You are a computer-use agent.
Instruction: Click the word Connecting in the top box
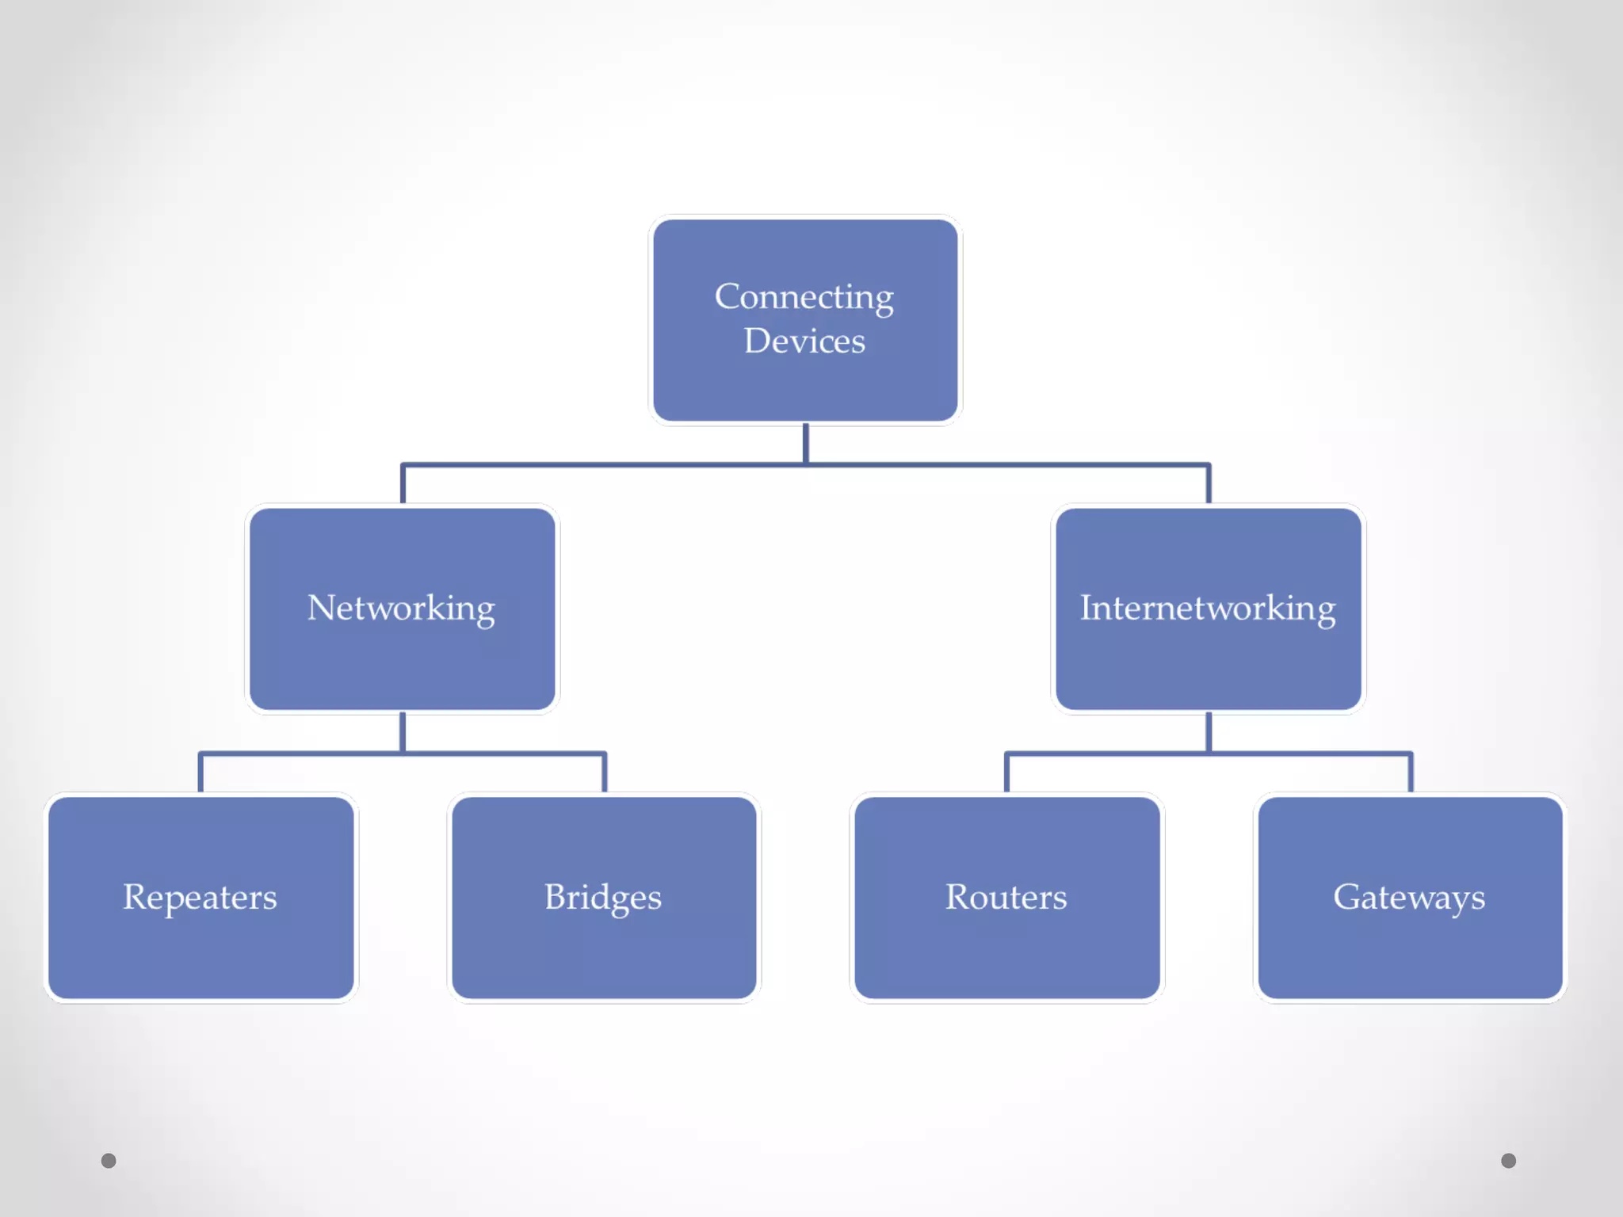(x=804, y=298)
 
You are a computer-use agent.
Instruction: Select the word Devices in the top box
(x=804, y=341)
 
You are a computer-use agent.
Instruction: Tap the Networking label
(x=401, y=608)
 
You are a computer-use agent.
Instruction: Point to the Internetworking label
(x=1208, y=608)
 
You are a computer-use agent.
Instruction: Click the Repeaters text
(x=200, y=898)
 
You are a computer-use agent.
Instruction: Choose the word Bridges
(x=602, y=898)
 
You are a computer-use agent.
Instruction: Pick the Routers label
(x=1006, y=898)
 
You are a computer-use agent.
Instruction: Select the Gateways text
(x=1408, y=898)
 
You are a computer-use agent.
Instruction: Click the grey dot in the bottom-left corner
(x=109, y=1161)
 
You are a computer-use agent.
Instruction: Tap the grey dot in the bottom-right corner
(x=1508, y=1161)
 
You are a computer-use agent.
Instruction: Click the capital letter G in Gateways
(x=1346, y=897)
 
